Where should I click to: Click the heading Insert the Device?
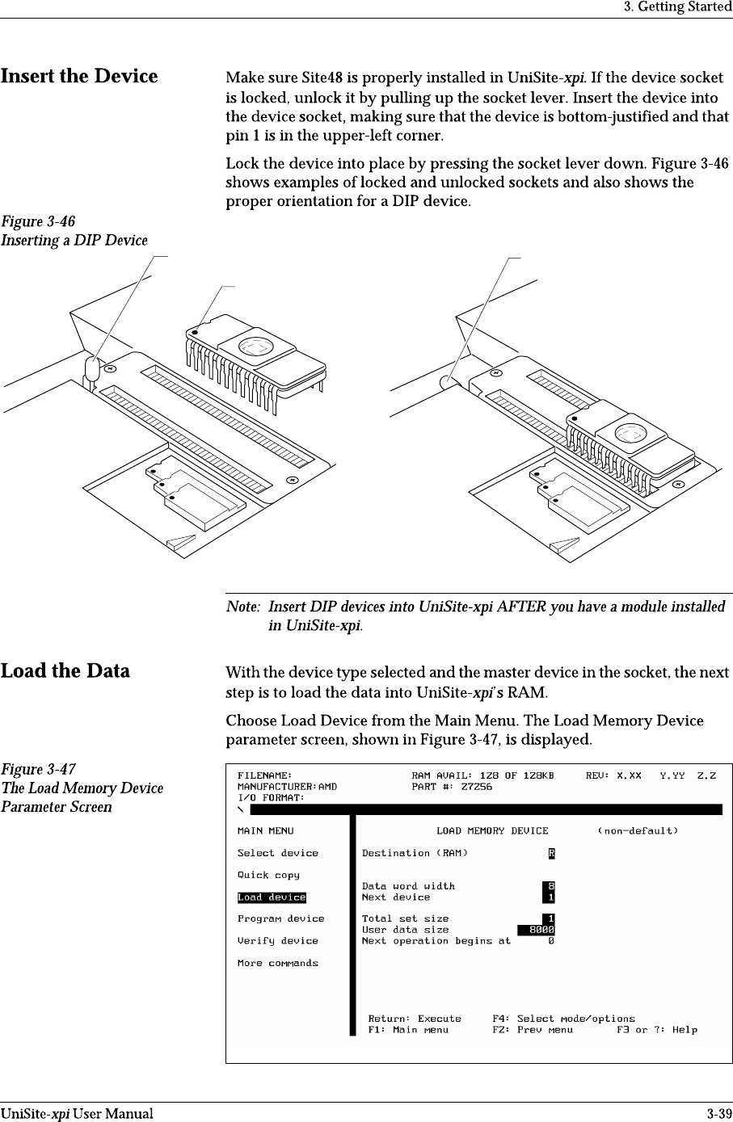79,77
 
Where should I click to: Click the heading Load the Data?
65,671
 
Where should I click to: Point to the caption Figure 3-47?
34,768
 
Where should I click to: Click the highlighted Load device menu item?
272,897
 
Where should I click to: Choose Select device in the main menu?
277,853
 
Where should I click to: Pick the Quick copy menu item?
268,875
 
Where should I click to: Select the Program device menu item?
280,918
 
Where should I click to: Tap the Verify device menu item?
277,940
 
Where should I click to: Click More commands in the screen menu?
277,963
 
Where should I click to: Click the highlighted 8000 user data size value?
537,930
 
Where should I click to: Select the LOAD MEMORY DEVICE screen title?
492,830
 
